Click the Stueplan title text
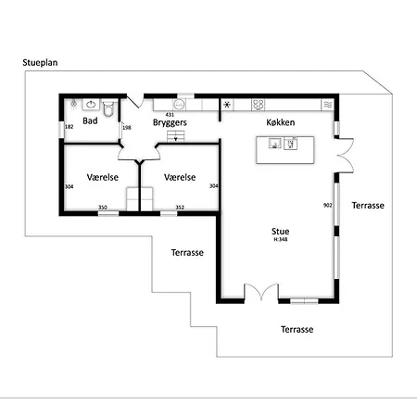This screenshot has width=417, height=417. [x=40, y=63]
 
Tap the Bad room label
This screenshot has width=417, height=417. [x=90, y=120]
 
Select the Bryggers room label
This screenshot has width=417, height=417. [x=170, y=122]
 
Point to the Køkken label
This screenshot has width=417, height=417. [x=281, y=122]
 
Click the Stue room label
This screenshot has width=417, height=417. [x=281, y=232]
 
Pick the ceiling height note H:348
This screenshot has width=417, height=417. [x=281, y=239]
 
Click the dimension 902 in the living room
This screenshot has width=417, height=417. [x=328, y=205]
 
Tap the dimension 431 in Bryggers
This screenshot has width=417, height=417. [x=170, y=115]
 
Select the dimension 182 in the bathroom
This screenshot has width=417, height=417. [x=69, y=127]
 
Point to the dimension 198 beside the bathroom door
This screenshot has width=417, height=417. [x=127, y=127]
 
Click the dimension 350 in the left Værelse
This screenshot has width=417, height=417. [x=103, y=208]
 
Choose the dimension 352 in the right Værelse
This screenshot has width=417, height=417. [x=180, y=208]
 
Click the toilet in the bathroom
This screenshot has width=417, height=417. [x=108, y=108]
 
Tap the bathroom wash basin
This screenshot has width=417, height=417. [x=91, y=105]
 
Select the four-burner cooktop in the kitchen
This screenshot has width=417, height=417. [x=258, y=105]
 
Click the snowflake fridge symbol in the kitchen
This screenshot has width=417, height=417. [x=227, y=105]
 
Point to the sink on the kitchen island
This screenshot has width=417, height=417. [x=274, y=143]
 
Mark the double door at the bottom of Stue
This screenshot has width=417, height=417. [x=261, y=292]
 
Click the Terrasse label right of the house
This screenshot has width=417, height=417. [x=368, y=206]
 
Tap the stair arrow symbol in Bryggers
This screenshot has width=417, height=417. [x=176, y=139]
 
